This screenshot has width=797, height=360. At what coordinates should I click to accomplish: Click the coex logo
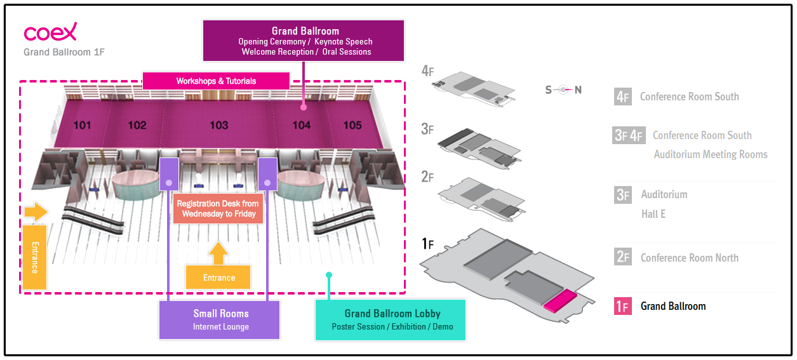pos(50,32)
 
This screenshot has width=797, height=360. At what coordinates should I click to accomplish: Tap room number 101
pos(82,124)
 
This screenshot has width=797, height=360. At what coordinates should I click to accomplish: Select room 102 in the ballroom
pos(137,124)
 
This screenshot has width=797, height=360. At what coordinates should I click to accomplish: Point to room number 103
pos(218,124)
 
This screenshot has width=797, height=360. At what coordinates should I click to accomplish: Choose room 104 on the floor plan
pos(301,124)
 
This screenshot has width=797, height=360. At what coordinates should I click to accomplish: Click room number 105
pos(352,124)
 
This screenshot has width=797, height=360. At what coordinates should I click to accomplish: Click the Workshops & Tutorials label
pos(216,81)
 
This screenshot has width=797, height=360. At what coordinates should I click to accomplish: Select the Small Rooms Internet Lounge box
pos(220,319)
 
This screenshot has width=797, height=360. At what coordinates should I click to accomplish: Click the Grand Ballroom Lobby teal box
pos(391,319)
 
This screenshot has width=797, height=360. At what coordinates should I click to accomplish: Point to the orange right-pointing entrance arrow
pos(36,211)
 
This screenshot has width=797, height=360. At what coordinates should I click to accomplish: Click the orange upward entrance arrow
pos(218,252)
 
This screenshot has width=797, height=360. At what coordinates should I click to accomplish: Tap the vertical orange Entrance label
pos(34,256)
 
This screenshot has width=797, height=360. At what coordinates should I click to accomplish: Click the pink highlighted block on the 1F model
pos(559,299)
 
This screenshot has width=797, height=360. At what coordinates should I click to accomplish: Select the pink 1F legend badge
pos(622,306)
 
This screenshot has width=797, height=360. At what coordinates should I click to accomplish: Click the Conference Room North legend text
pos(689,258)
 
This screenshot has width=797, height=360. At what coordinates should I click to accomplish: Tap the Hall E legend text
pos(653,214)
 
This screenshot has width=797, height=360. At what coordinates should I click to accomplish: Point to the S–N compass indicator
pos(563,90)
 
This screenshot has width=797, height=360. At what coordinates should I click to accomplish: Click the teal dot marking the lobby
pos(329,275)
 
